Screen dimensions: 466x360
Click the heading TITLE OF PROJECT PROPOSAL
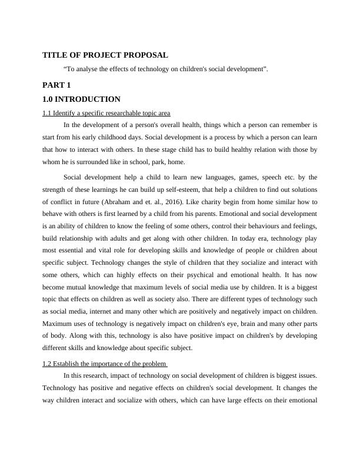[x=105, y=55]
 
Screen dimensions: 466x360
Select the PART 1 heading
[x=56, y=85]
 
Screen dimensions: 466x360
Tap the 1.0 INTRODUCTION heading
[x=81, y=99]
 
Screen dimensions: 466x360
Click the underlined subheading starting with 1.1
[x=106, y=113]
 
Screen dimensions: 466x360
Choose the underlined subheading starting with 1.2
[x=105, y=364]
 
